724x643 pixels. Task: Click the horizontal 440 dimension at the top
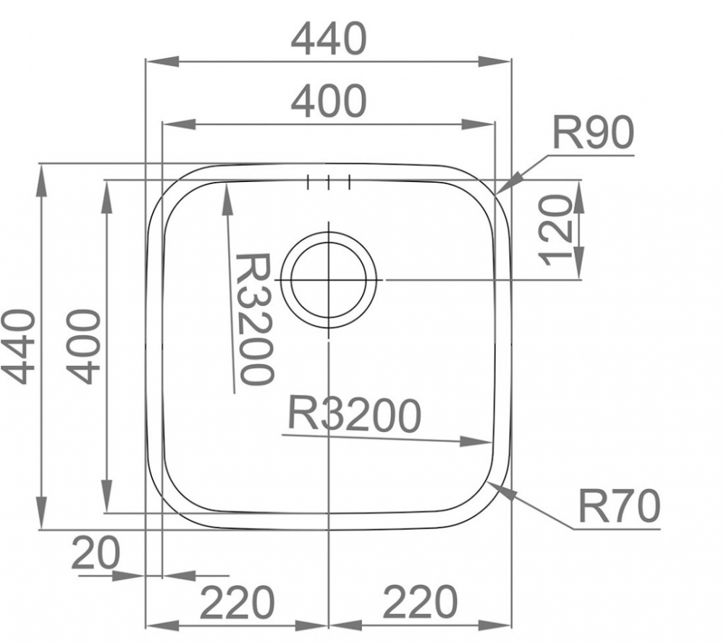click(x=329, y=39)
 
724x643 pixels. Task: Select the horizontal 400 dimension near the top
click(x=329, y=101)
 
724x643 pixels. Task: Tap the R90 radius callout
click(x=594, y=133)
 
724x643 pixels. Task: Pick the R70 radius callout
click(x=619, y=506)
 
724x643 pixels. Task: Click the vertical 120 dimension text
click(x=555, y=231)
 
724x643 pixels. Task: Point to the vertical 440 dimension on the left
click(x=19, y=347)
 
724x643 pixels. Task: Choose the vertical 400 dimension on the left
click(x=83, y=347)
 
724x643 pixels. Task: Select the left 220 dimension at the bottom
click(x=237, y=602)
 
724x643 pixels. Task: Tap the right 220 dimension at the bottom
click(x=420, y=602)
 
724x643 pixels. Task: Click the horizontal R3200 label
click(x=355, y=415)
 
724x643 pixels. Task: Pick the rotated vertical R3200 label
click(x=253, y=319)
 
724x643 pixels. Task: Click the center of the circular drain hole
click(x=329, y=280)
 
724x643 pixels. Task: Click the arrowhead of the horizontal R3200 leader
click(x=476, y=441)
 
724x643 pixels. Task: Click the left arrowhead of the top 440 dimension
click(x=162, y=61)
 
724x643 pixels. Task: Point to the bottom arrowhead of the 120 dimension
click(x=579, y=263)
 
